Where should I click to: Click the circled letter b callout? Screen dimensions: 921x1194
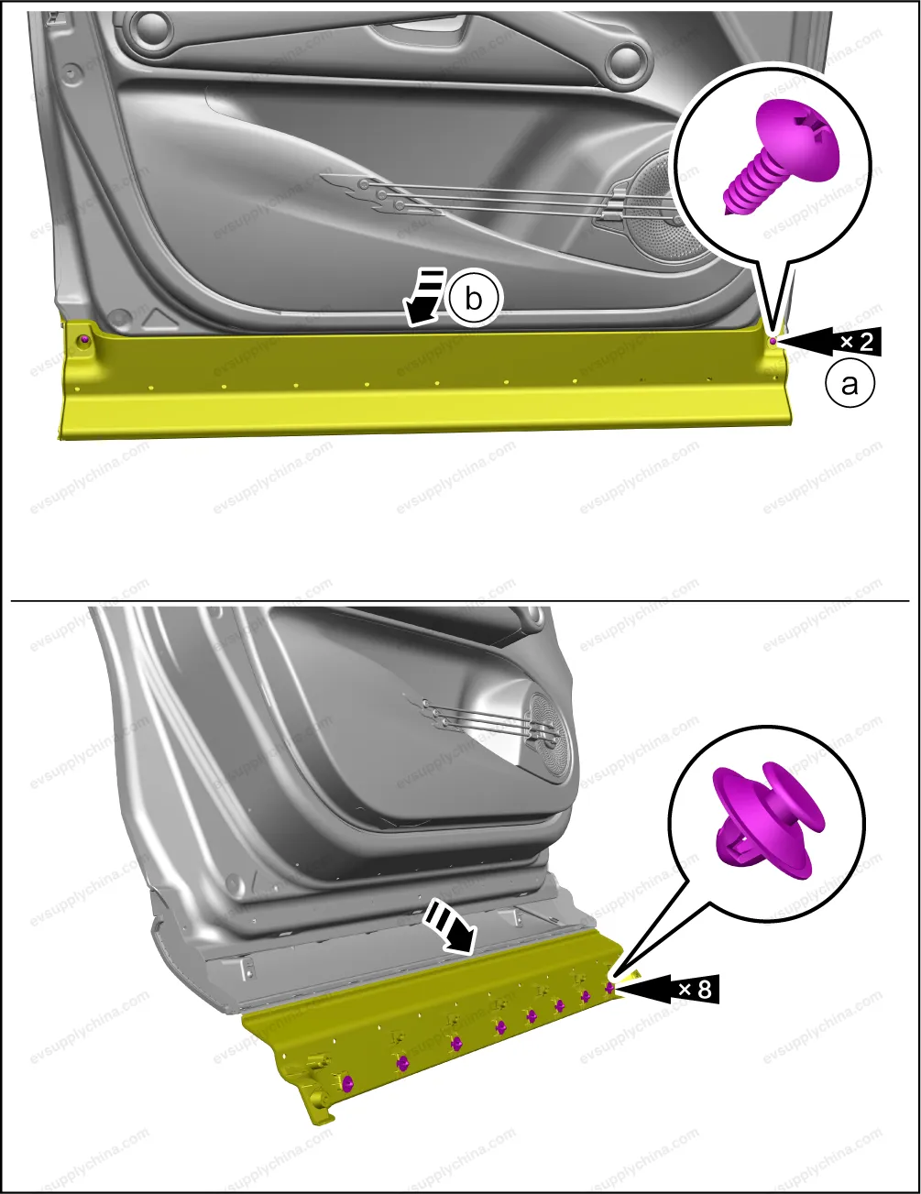(473, 299)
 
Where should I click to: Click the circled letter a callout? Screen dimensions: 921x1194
(850, 384)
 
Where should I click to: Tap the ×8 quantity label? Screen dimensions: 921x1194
(695, 990)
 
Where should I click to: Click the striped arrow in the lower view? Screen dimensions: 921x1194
(450, 931)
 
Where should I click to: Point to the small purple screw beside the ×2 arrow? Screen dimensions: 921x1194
(773, 342)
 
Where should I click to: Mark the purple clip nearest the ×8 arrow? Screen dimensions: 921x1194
(609, 988)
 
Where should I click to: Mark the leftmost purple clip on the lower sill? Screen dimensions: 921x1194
(346, 1083)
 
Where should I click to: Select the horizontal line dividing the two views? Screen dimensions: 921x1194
(460, 601)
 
